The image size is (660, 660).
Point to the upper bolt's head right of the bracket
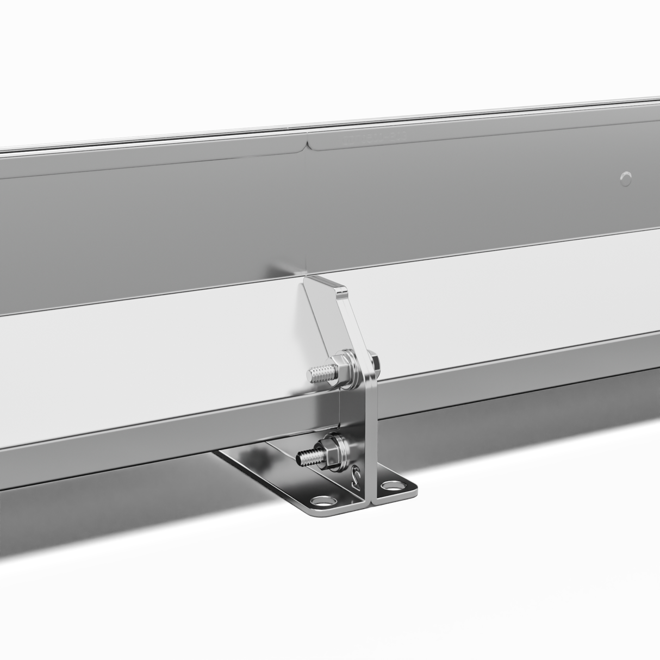click(373, 359)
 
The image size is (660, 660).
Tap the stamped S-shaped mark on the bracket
click(357, 477)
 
